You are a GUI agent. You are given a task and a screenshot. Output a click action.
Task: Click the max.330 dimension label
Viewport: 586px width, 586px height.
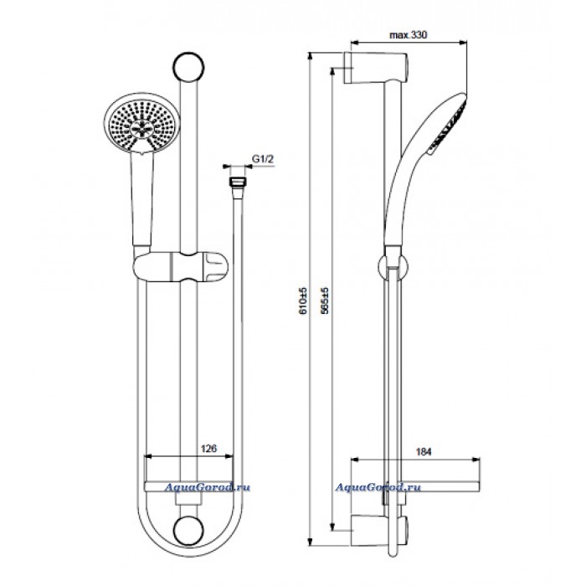(409, 35)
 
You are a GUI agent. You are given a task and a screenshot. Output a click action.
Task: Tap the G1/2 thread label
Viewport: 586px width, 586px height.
(263, 159)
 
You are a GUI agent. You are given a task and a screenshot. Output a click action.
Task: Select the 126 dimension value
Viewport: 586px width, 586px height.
(209, 448)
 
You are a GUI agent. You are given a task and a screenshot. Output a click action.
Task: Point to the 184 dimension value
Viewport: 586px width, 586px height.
(424, 451)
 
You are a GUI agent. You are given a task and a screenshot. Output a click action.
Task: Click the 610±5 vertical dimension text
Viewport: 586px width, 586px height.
(303, 301)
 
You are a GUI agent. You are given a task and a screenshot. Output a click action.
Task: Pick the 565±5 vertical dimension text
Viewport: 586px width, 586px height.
(325, 301)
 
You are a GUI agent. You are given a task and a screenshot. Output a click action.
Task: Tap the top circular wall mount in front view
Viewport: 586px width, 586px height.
(188, 67)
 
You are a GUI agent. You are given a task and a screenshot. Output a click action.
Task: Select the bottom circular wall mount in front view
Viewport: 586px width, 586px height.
(188, 531)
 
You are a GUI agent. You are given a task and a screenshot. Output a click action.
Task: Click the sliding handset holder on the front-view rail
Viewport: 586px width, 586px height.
(181, 267)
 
